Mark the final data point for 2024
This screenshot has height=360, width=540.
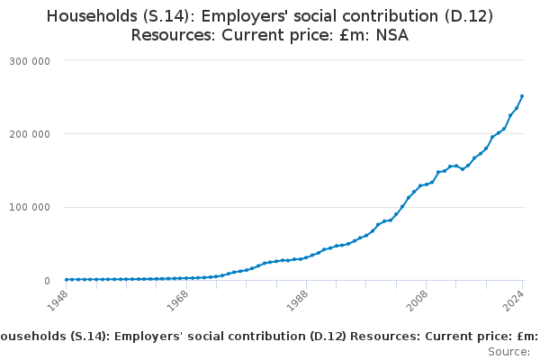[522, 96]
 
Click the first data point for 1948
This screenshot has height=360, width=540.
[67, 279]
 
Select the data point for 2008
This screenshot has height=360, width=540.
[426, 184]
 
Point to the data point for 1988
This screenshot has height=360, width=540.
[306, 257]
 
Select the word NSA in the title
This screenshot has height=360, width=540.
[391, 36]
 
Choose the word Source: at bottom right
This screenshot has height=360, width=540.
[508, 351]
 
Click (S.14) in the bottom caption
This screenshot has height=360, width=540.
[89, 337]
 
